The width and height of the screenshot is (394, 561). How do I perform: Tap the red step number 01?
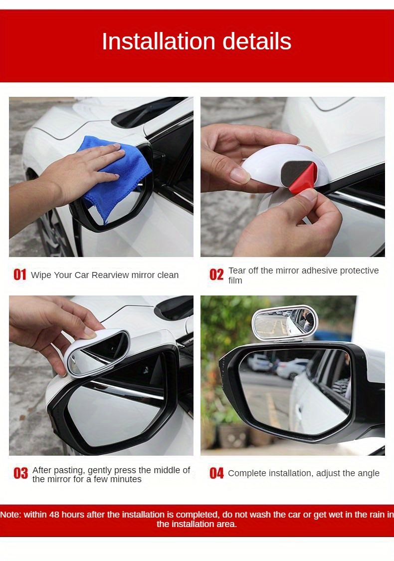click(x=19, y=275)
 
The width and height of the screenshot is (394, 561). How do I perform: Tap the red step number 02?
click(x=216, y=275)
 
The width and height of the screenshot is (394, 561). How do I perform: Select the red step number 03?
click(x=20, y=474)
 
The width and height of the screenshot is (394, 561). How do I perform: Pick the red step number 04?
click(x=216, y=473)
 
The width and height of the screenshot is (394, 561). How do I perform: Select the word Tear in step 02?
click(x=237, y=271)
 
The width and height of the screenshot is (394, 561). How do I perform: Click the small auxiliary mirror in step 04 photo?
click(x=283, y=321)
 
